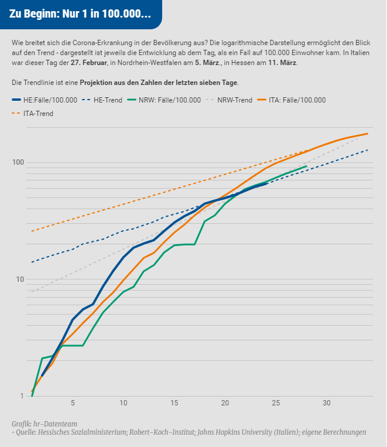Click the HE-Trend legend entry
(108, 100)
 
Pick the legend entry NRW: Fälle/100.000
(170, 100)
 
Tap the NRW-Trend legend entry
(234, 100)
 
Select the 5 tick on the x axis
(73, 404)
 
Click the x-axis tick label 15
(174, 404)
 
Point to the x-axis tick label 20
(225, 404)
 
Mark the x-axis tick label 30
(327, 404)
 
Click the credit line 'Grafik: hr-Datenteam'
(44, 424)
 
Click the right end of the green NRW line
(306, 166)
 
